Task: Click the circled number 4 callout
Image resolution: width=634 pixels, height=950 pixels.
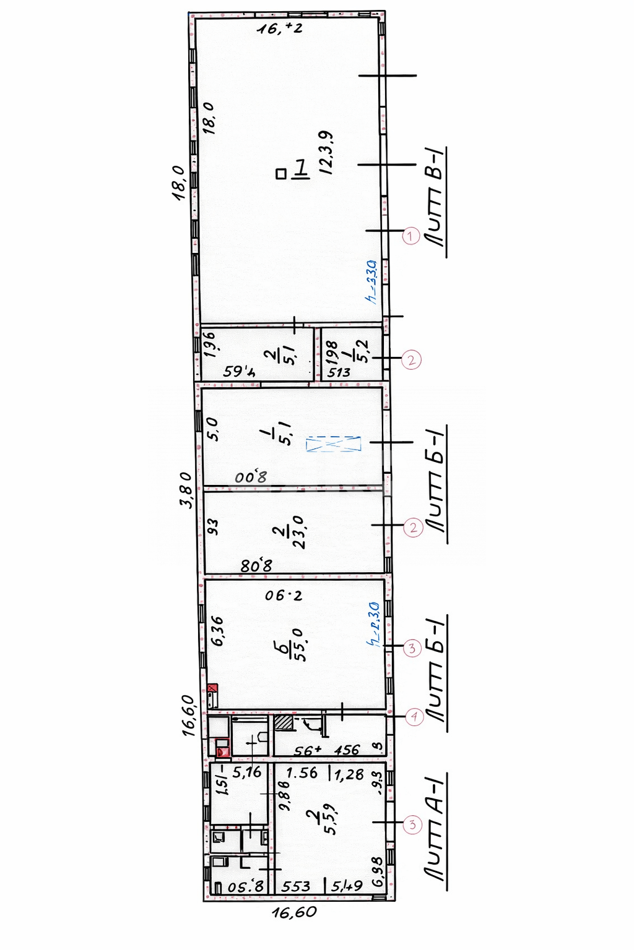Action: pos(414,717)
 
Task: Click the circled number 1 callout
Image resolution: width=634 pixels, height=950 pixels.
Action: pos(410,236)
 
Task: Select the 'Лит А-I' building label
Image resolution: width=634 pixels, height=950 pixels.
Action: pos(436,829)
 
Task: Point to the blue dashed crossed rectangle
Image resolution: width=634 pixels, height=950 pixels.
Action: pos(333,443)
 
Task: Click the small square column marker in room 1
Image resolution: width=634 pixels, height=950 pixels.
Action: pos(281,174)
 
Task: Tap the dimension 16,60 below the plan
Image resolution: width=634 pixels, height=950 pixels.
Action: pos(294,912)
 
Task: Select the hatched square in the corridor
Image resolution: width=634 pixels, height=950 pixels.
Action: pos(284,722)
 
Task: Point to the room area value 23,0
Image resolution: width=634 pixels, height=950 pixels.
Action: pos(298,532)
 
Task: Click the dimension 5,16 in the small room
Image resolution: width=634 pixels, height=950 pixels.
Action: pos(247,772)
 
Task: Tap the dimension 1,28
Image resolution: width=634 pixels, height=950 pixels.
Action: pos(349,774)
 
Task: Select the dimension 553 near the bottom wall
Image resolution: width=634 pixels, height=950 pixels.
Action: pos(296,886)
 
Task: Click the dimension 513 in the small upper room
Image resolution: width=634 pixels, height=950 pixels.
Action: pos(339,372)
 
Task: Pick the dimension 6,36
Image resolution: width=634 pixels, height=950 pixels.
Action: pos(217,631)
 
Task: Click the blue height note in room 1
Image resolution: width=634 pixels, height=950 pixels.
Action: pos(371,281)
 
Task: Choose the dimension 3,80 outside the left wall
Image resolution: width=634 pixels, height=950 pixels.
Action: pos(186,489)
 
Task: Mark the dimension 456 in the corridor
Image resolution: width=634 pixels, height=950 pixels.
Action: pos(347,750)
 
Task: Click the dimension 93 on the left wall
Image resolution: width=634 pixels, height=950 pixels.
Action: pos(213,526)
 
